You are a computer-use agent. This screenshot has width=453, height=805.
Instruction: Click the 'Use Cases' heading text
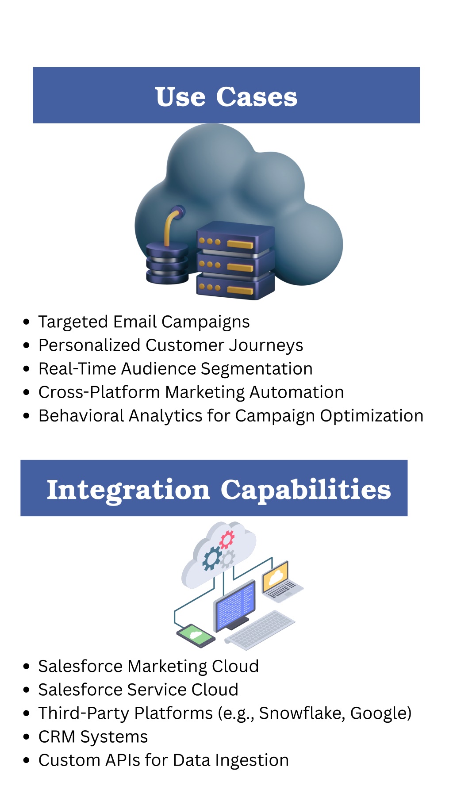tap(226, 96)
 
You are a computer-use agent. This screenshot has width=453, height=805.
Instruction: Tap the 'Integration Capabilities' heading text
tap(219, 490)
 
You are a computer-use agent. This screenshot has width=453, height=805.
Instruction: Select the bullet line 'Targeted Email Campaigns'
tap(144, 322)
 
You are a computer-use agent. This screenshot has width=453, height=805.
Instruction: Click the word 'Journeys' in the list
tap(266, 345)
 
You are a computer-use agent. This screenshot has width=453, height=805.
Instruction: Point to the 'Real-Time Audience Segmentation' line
tap(176, 369)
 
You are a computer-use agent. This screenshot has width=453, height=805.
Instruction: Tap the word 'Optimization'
tap(372, 416)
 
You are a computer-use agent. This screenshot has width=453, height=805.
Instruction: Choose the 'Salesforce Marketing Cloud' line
tap(149, 666)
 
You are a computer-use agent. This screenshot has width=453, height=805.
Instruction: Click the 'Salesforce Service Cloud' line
tap(138, 690)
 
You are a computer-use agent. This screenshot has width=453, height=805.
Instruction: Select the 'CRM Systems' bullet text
tap(93, 737)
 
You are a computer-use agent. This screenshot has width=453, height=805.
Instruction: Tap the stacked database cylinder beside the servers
tap(167, 263)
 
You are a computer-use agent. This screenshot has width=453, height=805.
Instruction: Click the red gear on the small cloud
tap(227, 539)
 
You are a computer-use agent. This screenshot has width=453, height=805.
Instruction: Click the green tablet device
tap(196, 636)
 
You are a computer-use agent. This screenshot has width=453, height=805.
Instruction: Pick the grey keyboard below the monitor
tap(260, 630)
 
